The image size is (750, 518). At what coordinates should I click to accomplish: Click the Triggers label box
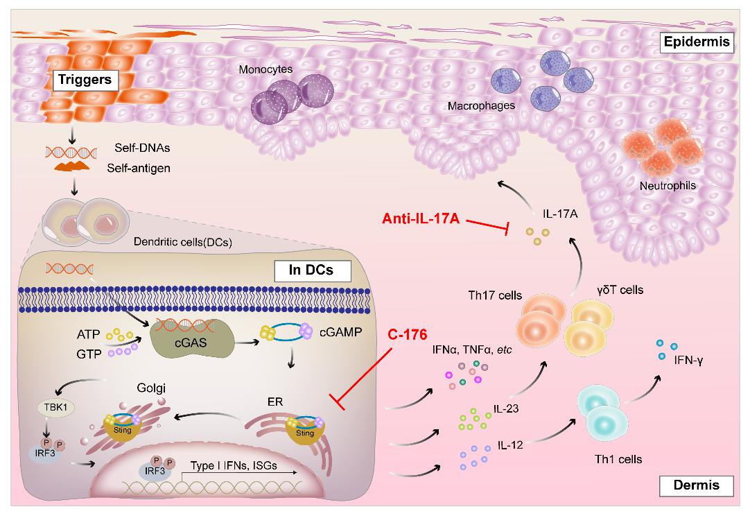click(84, 80)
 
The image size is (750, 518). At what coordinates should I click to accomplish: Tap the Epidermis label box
click(697, 42)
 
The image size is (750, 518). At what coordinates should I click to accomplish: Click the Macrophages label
click(480, 106)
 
